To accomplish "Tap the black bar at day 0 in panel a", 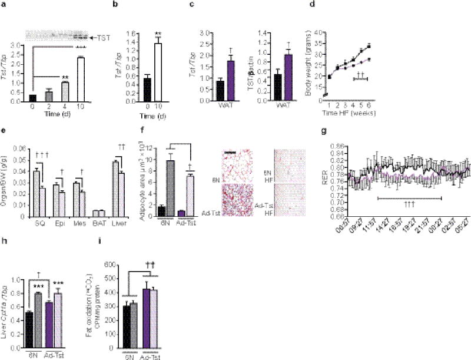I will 33,98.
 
